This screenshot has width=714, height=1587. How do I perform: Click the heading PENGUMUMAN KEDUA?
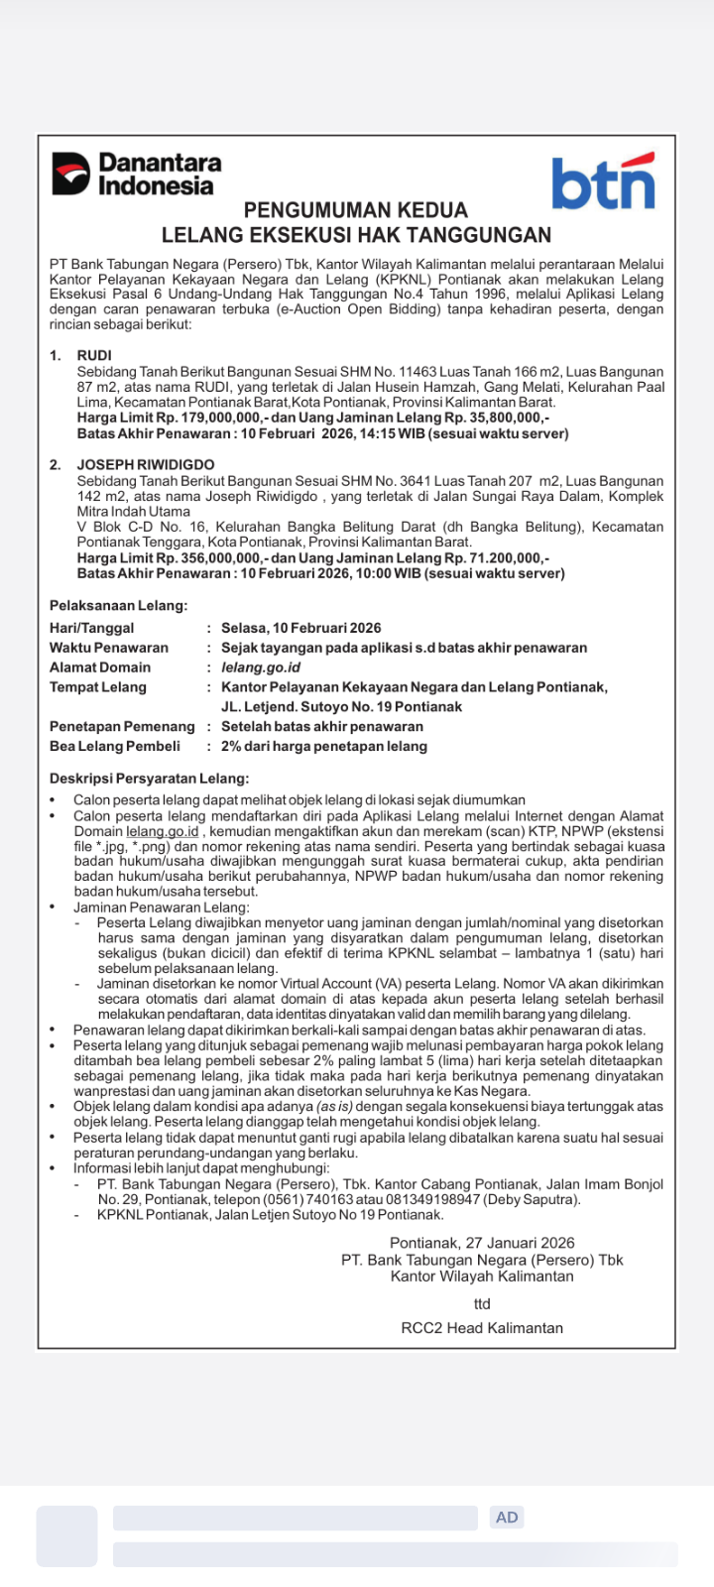(356, 210)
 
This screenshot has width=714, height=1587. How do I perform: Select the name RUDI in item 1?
(94, 355)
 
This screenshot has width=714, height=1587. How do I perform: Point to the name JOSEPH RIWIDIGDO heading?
(146, 464)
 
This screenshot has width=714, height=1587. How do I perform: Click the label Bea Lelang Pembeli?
(115, 746)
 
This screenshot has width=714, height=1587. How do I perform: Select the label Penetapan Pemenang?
(122, 726)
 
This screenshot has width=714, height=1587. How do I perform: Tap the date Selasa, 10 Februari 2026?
(301, 628)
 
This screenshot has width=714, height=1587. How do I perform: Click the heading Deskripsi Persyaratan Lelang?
(150, 779)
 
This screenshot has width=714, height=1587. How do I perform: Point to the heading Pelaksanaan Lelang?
(119, 605)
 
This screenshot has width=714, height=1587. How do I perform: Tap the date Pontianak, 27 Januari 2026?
(482, 1243)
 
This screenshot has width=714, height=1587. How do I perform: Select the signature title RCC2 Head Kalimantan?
(482, 1328)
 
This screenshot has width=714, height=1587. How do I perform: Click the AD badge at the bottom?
(507, 1517)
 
